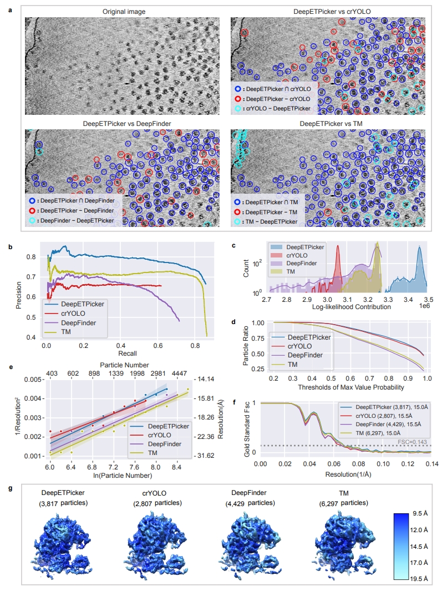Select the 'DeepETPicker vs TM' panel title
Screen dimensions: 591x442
327,123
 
